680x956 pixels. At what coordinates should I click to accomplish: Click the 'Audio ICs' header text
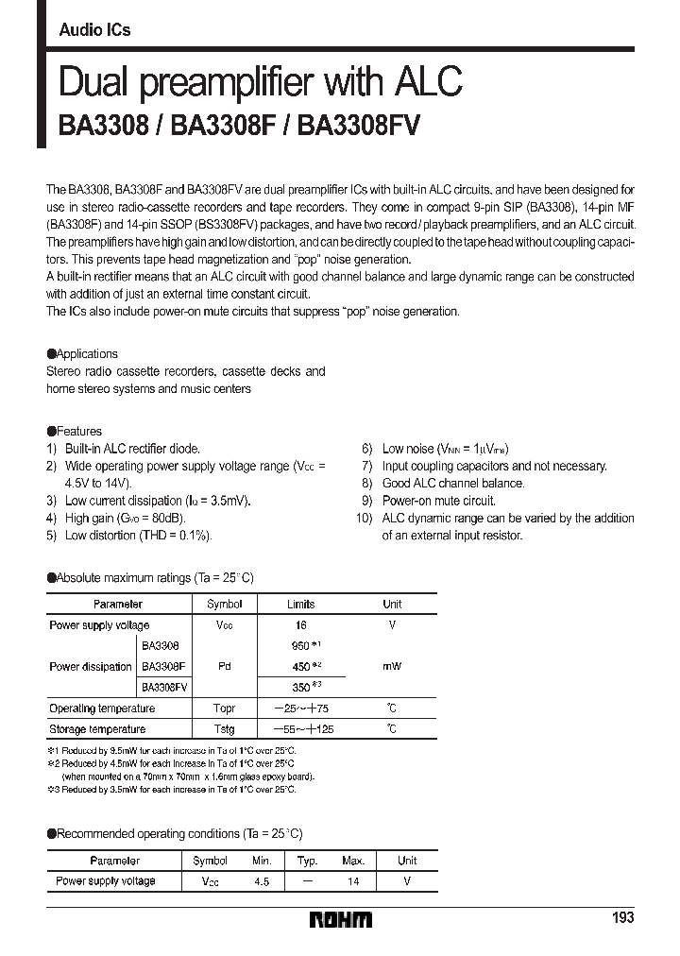pyautogui.click(x=94, y=30)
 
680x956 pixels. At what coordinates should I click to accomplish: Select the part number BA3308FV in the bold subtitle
pyautogui.click(x=359, y=127)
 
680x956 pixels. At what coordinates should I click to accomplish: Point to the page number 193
pyautogui.click(x=621, y=918)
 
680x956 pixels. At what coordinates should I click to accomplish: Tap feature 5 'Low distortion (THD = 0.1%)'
pyautogui.click(x=138, y=536)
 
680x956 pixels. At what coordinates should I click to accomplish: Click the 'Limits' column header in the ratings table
pyautogui.click(x=300, y=604)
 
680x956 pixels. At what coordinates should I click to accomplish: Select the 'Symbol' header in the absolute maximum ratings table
pyautogui.click(x=224, y=604)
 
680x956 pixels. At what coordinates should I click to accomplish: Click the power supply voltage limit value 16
pyautogui.click(x=300, y=625)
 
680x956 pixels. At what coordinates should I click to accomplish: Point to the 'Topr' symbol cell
pyautogui.click(x=224, y=708)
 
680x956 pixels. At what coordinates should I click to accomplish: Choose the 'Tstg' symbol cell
pyautogui.click(x=224, y=729)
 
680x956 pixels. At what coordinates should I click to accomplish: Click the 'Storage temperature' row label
pyautogui.click(x=97, y=729)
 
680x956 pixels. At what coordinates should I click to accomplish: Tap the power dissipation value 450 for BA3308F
pyautogui.click(x=301, y=666)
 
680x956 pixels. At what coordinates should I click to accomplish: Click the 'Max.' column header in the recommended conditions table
pyautogui.click(x=353, y=861)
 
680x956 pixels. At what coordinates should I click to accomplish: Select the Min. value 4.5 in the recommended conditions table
pyautogui.click(x=262, y=881)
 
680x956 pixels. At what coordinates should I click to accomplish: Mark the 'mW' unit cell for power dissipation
pyautogui.click(x=392, y=666)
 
